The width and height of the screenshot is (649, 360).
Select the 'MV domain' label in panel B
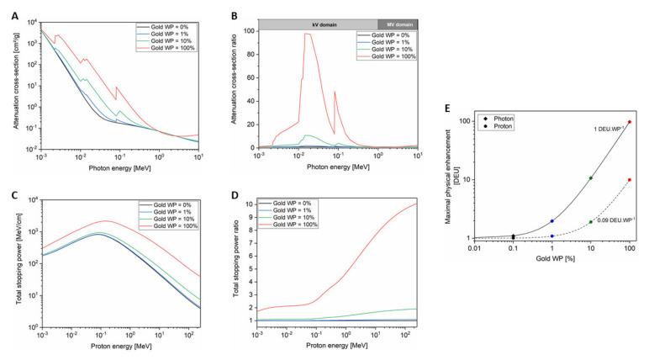click(397, 24)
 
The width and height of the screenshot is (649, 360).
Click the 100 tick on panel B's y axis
click(250, 30)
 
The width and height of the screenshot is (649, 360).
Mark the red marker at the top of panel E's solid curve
click(630, 122)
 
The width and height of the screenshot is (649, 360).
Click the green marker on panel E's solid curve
click(591, 177)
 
